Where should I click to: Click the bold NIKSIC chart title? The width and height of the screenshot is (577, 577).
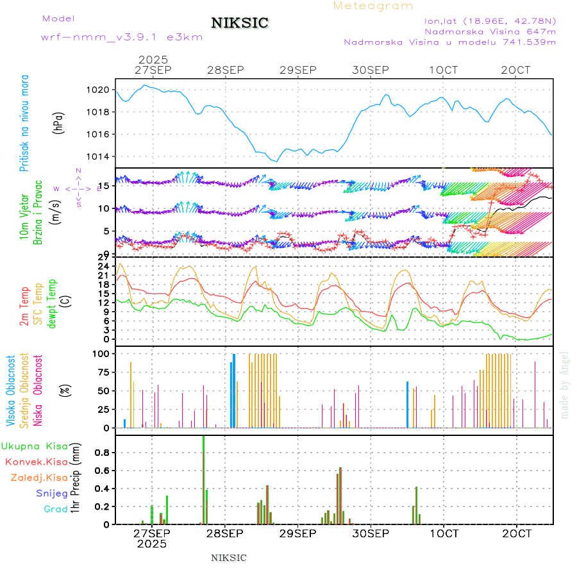click(240, 24)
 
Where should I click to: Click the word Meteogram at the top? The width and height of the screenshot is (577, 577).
click(373, 6)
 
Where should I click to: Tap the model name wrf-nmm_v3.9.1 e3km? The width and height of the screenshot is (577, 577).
click(122, 37)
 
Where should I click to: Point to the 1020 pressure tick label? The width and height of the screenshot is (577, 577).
click(102, 90)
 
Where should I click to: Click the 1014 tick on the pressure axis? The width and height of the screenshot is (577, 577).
click(102, 157)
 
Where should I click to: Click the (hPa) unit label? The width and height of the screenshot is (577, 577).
click(59, 123)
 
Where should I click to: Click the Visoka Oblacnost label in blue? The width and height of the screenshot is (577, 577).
click(12, 391)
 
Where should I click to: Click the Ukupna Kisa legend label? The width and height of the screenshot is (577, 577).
click(35, 446)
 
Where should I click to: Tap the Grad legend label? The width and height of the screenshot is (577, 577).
click(56, 509)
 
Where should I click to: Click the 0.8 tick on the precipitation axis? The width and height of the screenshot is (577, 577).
click(102, 452)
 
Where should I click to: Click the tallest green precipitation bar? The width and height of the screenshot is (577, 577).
click(203, 480)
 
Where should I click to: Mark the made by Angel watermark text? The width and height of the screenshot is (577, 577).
click(565, 385)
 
